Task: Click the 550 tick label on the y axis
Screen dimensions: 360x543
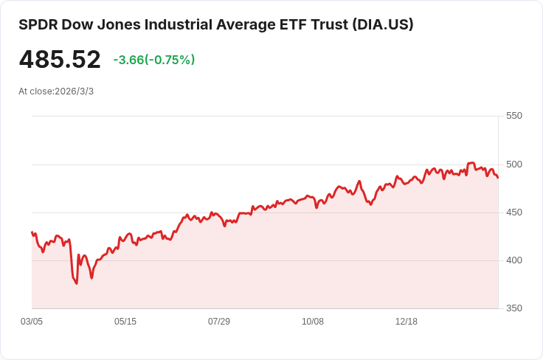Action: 514,116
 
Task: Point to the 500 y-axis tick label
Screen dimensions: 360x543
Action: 514,164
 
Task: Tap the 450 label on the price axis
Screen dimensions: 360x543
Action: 514,212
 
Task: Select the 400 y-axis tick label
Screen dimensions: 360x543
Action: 514,260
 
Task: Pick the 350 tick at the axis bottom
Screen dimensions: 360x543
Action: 514,308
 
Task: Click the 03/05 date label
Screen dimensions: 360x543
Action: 32,322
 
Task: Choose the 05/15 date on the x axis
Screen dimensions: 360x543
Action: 125,322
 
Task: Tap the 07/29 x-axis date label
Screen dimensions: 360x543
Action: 219,322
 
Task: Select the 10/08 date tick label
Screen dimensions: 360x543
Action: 313,322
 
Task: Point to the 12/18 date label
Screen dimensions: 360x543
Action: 407,322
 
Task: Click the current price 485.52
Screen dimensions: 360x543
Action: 60,60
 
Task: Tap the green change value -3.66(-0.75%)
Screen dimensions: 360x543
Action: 154,60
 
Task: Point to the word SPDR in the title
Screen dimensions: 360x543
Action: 38,24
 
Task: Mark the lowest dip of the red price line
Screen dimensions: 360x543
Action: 76,283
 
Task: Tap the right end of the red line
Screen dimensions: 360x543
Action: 498,178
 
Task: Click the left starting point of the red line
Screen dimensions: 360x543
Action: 32,232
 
